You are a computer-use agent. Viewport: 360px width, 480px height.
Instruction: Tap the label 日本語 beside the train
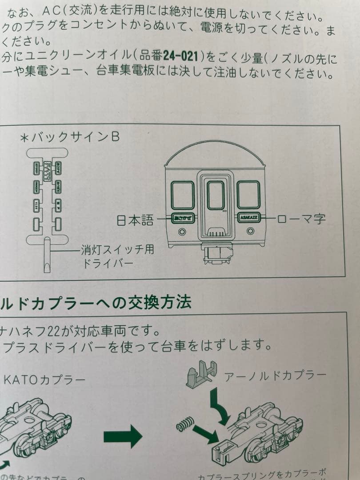pyautogui.click(x=134, y=220)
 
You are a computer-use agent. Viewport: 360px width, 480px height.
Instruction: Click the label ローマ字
pyautogui.click(x=301, y=219)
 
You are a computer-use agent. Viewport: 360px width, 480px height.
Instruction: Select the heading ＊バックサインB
pyautogui.click(x=70, y=137)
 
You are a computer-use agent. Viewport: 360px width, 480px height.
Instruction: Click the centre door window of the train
pyautogui.click(x=216, y=195)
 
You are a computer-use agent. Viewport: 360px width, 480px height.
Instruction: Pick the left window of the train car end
pyautogui.click(x=183, y=195)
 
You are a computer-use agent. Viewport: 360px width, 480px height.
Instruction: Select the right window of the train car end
pyautogui.click(x=248, y=195)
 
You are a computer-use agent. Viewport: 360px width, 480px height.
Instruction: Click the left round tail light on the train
pyautogui.click(x=181, y=232)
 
